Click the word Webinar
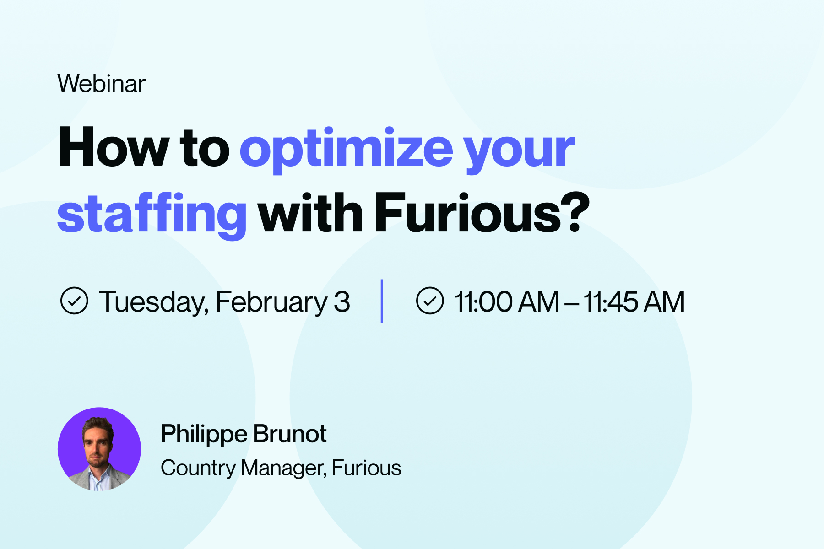[x=102, y=84]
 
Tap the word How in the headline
[x=113, y=147]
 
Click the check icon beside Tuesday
[x=74, y=301]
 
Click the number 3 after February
[x=342, y=302]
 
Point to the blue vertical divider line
[x=382, y=301]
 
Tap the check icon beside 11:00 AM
[x=430, y=301]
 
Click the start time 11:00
[x=483, y=302]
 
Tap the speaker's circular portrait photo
[x=99, y=449]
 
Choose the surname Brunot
[x=290, y=434]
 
